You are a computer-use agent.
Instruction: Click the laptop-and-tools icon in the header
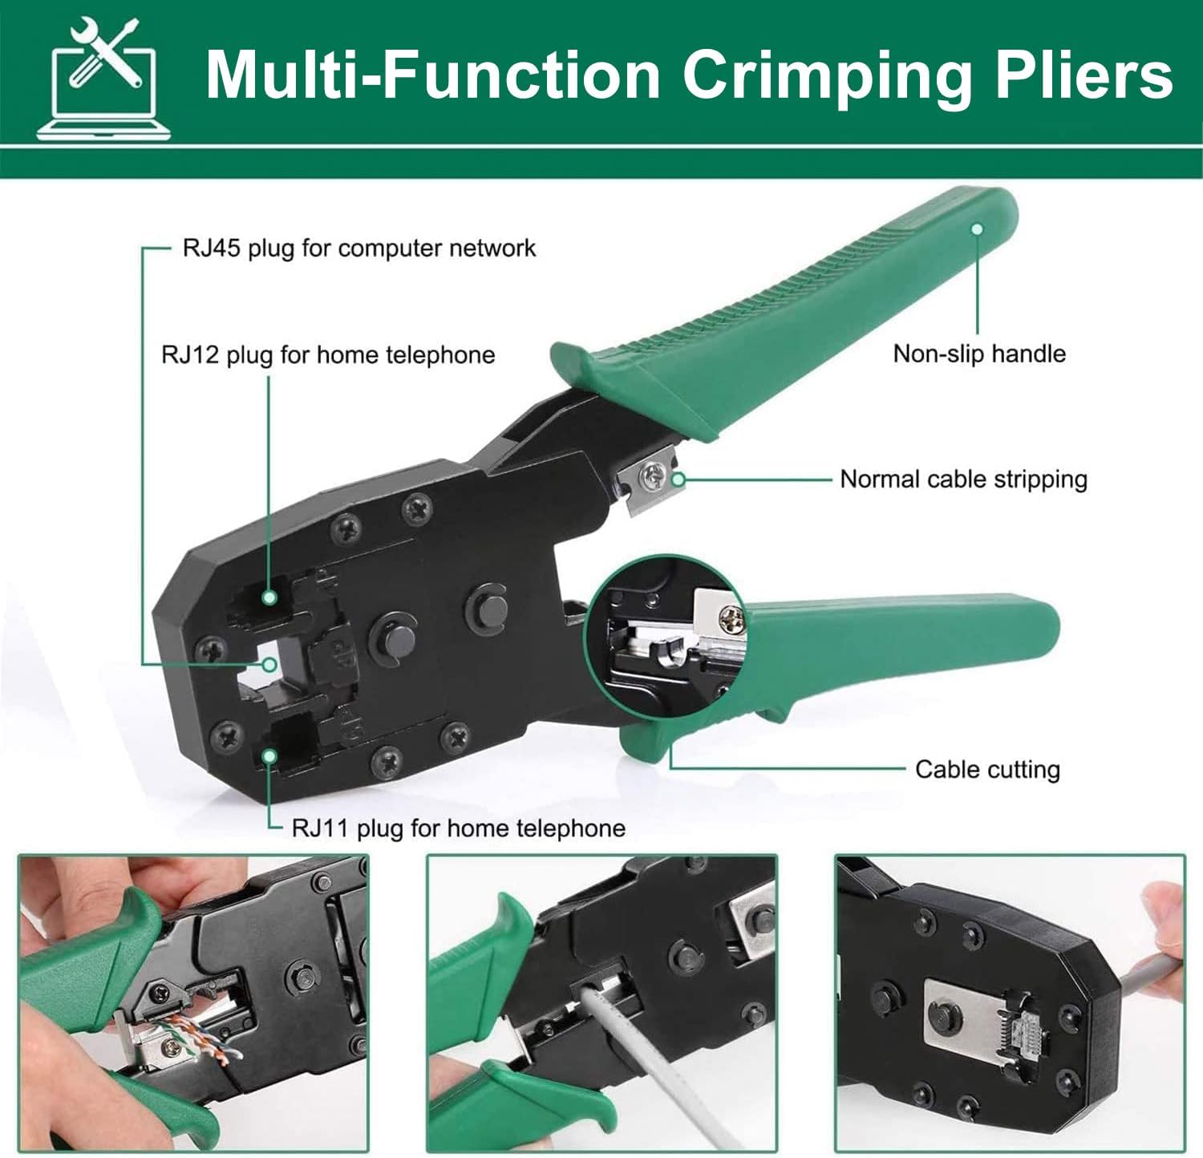(x=103, y=79)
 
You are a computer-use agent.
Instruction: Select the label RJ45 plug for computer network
(x=358, y=248)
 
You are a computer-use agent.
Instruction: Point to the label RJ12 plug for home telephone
(x=328, y=354)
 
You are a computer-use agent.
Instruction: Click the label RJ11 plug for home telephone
(x=458, y=828)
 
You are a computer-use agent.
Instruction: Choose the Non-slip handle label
(x=979, y=354)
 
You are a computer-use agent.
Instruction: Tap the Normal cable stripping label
(x=963, y=480)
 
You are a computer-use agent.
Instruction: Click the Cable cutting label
(x=987, y=770)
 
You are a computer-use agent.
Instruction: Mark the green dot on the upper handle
(x=977, y=229)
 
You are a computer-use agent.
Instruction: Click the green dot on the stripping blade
(x=678, y=480)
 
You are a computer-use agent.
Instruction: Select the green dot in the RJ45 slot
(x=270, y=664)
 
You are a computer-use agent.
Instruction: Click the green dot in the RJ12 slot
(x=270, y=597)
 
